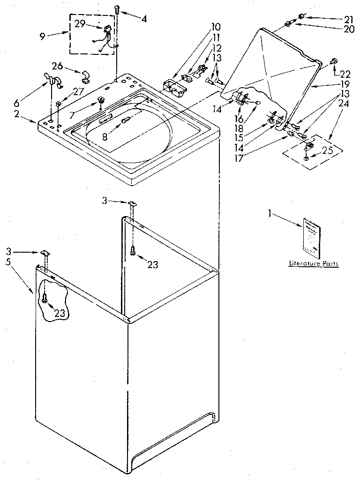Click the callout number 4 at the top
pos(144,19)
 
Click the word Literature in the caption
pos(301,264)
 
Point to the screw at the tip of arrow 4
pos(117,8)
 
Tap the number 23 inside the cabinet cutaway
pos(59,313)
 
